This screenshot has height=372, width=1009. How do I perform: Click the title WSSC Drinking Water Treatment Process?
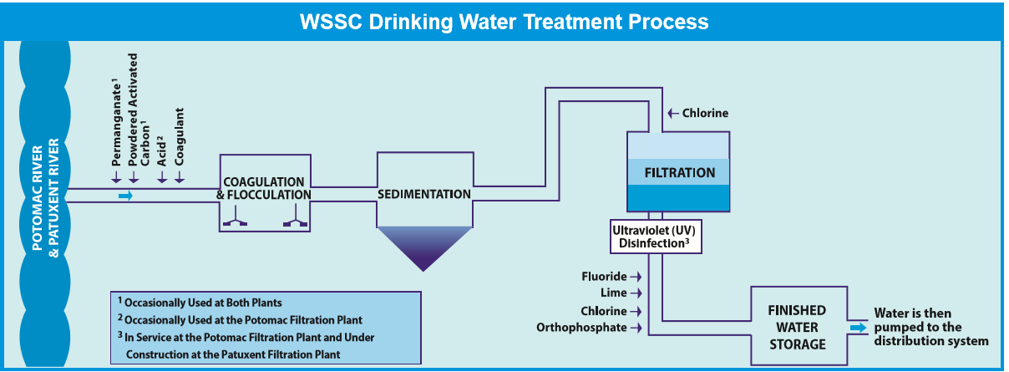pyautogui.click(x=504, y=21)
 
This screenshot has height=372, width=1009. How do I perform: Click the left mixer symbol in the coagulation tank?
pyautogui.click(x=234, y=222)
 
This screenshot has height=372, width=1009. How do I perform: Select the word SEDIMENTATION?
pyautogui.click(x=423, y=194)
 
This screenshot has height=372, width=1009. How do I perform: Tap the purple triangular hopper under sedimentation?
pyautogui.click(x=423, y=247)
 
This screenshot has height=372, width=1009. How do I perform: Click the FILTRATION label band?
pyautogui.click(x=679, y=173)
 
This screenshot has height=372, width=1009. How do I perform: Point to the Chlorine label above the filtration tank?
pyautogui.click(x=705, y=113)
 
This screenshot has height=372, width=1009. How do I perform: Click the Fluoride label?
pyautogui.click(x=604, y=276)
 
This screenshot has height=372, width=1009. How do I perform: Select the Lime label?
pyautogui.click(x=613, y=293)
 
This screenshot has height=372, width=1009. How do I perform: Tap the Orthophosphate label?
pyautogui.click(x=581, y=328)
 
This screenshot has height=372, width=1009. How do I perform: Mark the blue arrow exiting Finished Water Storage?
pyautogui.click(x=859, y=328)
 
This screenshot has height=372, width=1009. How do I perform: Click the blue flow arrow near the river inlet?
pyautogui.click(x=125, y=196)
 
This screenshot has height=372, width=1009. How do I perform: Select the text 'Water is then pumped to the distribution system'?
pyautogui.click(x=930, y=327)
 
